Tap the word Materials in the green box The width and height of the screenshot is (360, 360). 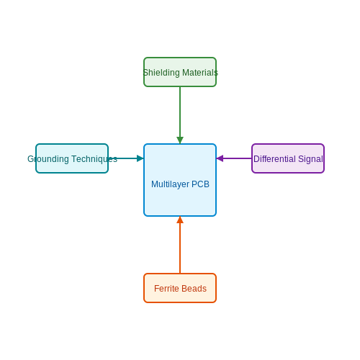pyautogui.click(x=200, y=73)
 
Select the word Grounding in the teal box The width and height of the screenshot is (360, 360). pyautogui.click(x=48, y=159)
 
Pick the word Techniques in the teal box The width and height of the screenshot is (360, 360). pyautogui.click(x=94, y=159)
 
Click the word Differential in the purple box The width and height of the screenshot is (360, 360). pyautogui.click(x=274, y=159)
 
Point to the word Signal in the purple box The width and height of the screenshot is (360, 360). pyautogui.click(x=310, y=159)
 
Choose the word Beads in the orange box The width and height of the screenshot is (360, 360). pyautogui.click(x=194, y=289)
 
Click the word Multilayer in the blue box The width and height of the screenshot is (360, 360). pyautogui.click(x=170, y=184)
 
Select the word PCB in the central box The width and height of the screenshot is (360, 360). pyautogui.click(x=200, y=184)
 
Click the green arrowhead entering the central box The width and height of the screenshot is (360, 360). pyautogui.click(x=180, y=140)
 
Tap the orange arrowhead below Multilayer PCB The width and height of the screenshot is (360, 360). pyautogui.click(x=180, y=220)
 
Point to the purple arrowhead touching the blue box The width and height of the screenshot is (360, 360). pyautogui.click(x=220, y=158)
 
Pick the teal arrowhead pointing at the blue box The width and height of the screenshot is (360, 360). pyautogui.click(x=140, y=158)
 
